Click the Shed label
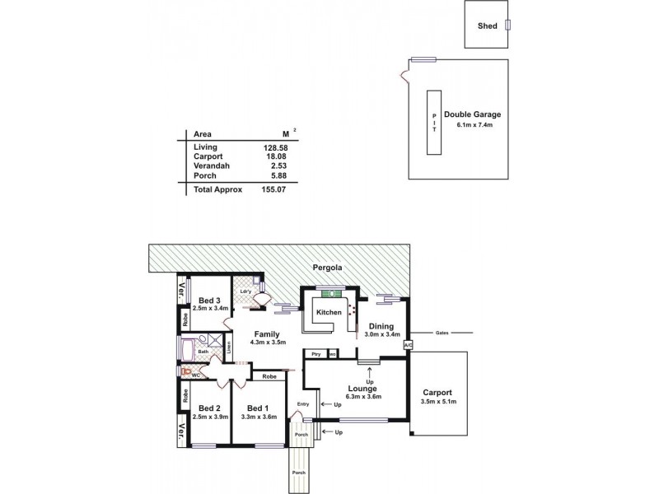pyautogui.click(x=488, y=26)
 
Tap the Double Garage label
pyautogui.click(x=472, y=114)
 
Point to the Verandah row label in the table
pyautogui.click(x=211, y=165)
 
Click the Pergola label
pyautogui.click(x=326, y=268)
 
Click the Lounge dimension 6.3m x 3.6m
pyautogui.click(x=363, y=397)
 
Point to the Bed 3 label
pyautogui.click(x=208, y=300)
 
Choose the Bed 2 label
pyautogui.click(x=208, y=408)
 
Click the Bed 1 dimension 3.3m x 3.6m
pyautogui.click(x=258, y=417)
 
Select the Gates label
pyautogui.click(x=441, y=333)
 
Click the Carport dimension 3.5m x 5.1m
pyautogui.click(x=438, y=401)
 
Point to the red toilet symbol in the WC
pyautogui.click(x=187, y=372)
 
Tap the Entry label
pyautogui.click(x=303, y=403)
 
